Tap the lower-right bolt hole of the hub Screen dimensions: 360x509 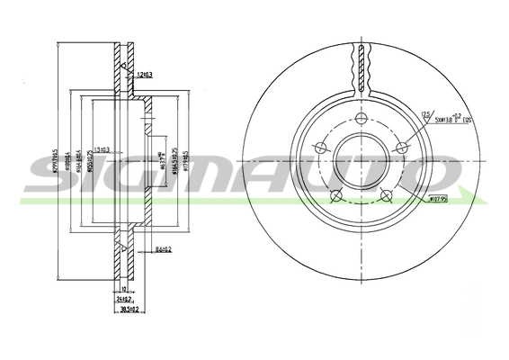coord(387,196)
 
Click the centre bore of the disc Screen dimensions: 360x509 coord(361,165)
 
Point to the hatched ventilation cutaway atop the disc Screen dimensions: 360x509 coord(361,67)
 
